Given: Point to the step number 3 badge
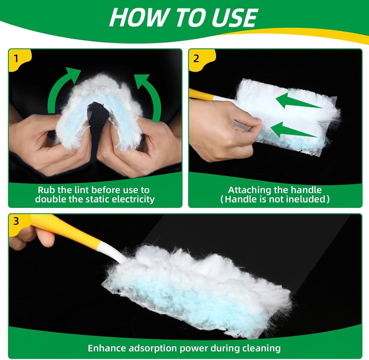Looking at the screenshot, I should [16, 221].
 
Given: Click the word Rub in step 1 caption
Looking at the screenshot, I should [47, 190].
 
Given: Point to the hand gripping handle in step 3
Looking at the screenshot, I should [31, 236].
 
